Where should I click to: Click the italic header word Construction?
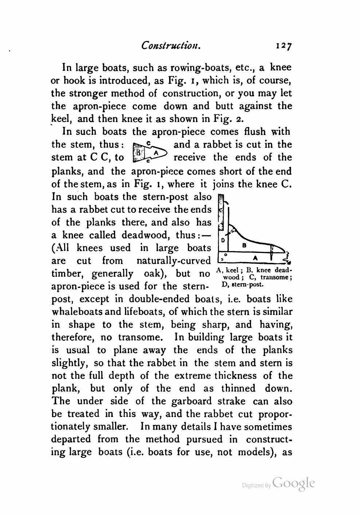(171, 45)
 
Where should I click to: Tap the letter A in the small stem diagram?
(156, 153)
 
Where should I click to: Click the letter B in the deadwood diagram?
(244, 246)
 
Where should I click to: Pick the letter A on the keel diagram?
(255, 258)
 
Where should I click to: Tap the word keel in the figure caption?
(232, 270)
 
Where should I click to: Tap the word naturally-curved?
(173, 261)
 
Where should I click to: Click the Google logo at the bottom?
(293, 483)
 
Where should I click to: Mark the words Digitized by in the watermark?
(257, 485)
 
